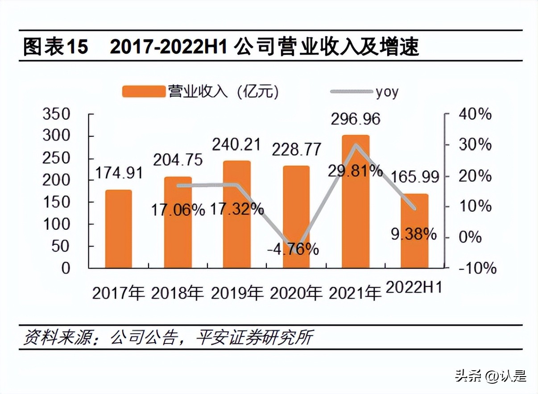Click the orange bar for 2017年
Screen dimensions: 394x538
tap(119, 229)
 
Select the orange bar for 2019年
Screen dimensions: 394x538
tap(237, 214)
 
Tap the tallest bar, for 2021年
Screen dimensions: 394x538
tap(356, 201)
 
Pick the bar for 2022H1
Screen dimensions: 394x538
tap(414, 231)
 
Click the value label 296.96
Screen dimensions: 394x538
tap(356, 119)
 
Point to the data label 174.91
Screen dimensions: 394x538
tap(119, 173)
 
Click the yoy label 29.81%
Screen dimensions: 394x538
tap(355, 171)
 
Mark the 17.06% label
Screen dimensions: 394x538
tap(177, 209)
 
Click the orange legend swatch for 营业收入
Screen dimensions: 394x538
tap(143, 92)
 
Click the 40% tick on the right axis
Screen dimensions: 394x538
tap(475, 114)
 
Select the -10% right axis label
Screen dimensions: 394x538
tap(476, 268)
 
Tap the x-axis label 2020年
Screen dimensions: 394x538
tap(296, 293)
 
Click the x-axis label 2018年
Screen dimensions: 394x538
tap(178, 293)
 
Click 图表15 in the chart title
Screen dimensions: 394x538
tap(55, 47)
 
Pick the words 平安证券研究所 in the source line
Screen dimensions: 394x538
tap(254, 337)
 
